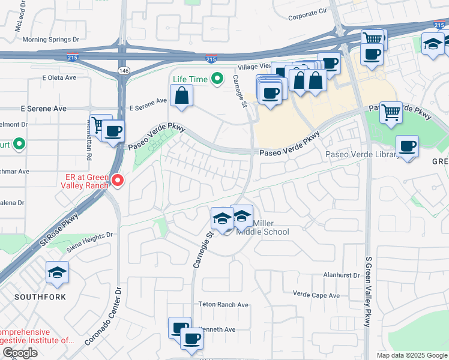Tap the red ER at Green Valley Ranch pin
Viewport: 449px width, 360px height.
(x=118, y=179)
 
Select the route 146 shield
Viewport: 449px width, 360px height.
(x=124, y=71)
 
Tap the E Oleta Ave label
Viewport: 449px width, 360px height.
(x=59, y=77)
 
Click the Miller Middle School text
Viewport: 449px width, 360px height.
(x=262, y=227)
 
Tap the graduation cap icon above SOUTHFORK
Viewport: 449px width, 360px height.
(x=57, y=272)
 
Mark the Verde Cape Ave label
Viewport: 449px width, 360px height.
(x=316, y=295)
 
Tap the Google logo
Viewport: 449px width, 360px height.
(x=20, y=353)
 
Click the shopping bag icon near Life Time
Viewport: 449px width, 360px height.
(x=181, y=95)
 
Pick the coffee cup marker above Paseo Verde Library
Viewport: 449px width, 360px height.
(x=407, y=146)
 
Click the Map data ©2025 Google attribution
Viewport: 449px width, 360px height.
(x=411, y=355)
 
